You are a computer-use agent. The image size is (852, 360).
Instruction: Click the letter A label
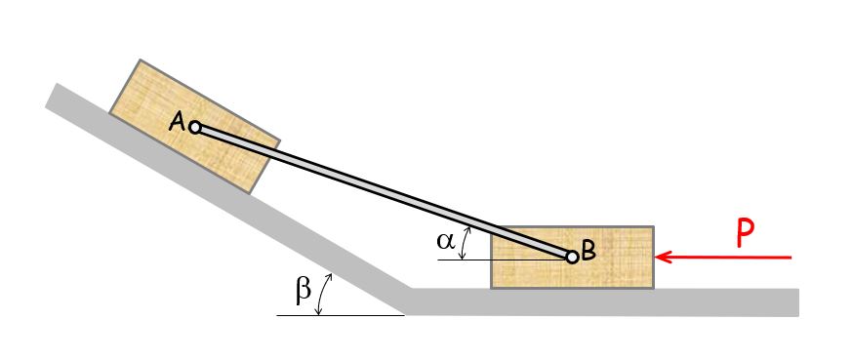click(178, 122)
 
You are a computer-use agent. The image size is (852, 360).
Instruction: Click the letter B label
click(589, 251)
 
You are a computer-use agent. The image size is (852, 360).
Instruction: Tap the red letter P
click(745, 234)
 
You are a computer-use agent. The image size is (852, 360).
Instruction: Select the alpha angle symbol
click(446, 241)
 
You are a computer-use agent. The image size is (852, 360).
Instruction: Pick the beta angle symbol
click(303, 291)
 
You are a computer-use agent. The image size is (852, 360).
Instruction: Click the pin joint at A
click(195, 128)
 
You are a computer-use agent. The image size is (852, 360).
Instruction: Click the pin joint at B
click(572, 257)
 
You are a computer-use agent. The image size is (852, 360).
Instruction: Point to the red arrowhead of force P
click(665, 257)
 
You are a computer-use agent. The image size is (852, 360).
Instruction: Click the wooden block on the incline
click(194, 126)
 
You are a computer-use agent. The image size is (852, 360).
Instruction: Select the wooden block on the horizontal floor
click(572, 257)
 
